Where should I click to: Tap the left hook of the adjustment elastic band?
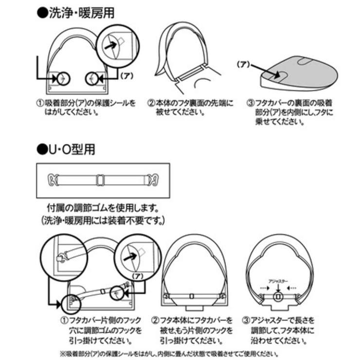pyautogui.click(x=52, y=179)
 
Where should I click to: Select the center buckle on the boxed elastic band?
pyautogui.click(x=101, y=179)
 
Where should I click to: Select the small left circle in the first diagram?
pyautogui.click(x=62, y=77)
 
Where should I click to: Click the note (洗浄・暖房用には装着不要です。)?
pyautogui.click(x=103, y=220)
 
